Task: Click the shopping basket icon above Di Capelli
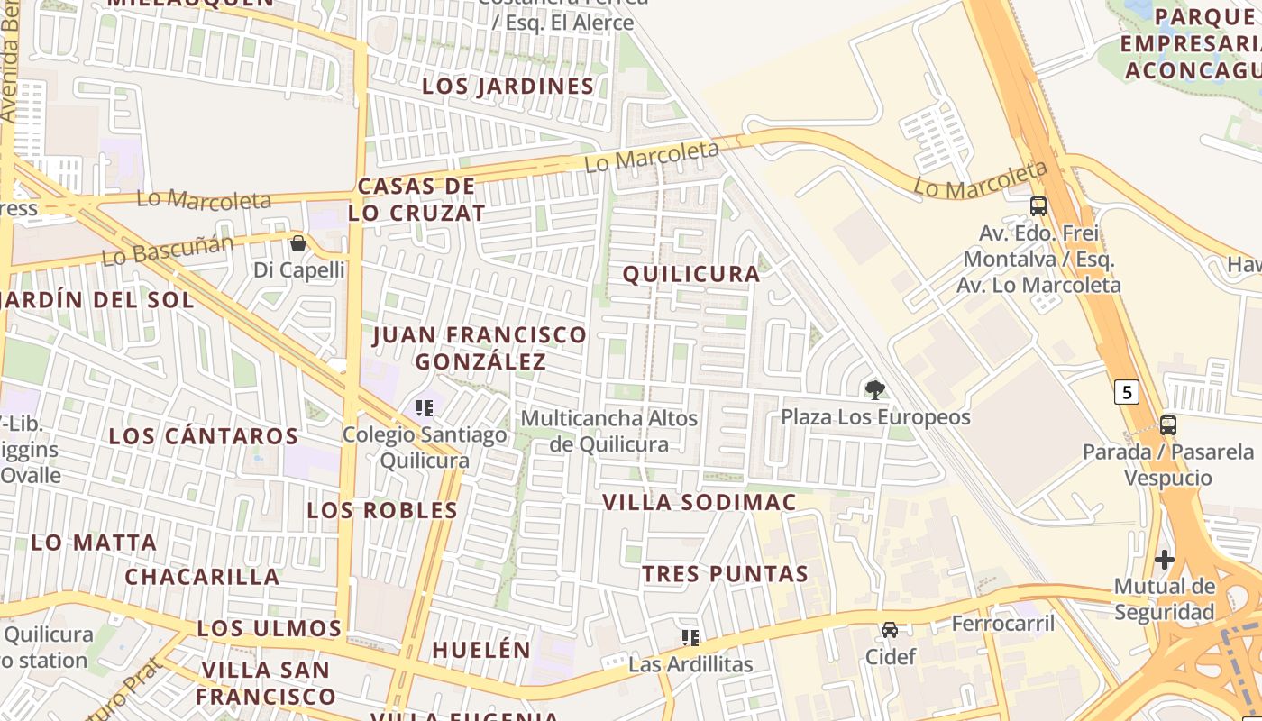[298, 243]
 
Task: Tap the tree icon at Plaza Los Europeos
[874, 390]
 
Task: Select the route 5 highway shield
[1126, 392]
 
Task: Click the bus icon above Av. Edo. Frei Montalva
[1038, 206]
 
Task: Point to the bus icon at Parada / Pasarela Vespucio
[1168, 424]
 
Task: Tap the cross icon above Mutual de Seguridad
[1165, 560]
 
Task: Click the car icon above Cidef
[890, 629]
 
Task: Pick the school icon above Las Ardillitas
[690, 638]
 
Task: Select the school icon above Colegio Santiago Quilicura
[425, 408]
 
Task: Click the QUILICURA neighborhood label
[691, 274]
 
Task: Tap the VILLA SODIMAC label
[700, 502]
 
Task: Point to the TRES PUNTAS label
[725, 573]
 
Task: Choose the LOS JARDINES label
[508, 87]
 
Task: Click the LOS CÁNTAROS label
[204, 436]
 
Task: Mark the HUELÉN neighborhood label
[481, 650]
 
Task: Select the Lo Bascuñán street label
[168, 250]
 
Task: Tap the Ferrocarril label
[1002, 623]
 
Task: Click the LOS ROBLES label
[382, 510]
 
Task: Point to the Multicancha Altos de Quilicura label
[609, 431]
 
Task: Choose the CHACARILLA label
[202, 577]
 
